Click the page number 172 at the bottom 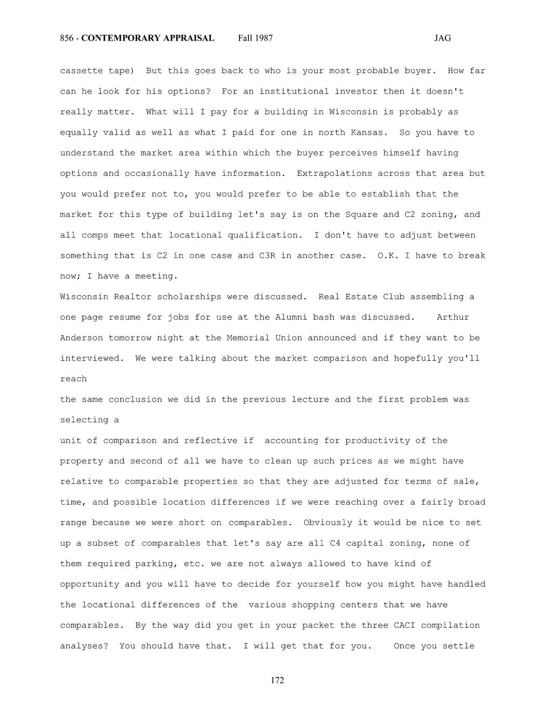[278, 681]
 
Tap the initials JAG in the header [442, 38]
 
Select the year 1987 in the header [263, 38]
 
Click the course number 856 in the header [67, 38]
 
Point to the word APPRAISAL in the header [188, 38]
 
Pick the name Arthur [453, 317]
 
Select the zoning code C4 [335, 543]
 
